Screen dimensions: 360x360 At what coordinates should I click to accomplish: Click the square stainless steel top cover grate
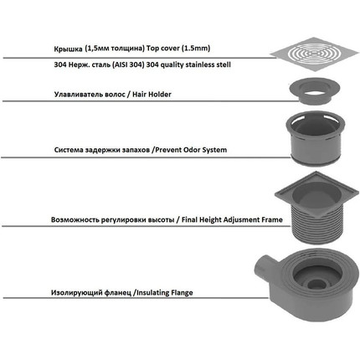point(315,53)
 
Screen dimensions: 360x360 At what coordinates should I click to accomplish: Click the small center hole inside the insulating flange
point(316,285)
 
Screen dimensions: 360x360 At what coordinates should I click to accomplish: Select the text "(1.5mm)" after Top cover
point(196,49)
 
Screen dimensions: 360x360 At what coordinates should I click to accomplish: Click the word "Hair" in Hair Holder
point(139,95)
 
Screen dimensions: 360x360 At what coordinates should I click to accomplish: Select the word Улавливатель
point(79,95)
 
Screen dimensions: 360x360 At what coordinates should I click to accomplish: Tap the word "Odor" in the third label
point(192,150)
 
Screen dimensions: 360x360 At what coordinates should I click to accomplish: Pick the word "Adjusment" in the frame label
point(243,220)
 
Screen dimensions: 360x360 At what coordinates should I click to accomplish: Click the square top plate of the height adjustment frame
point(316,193)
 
